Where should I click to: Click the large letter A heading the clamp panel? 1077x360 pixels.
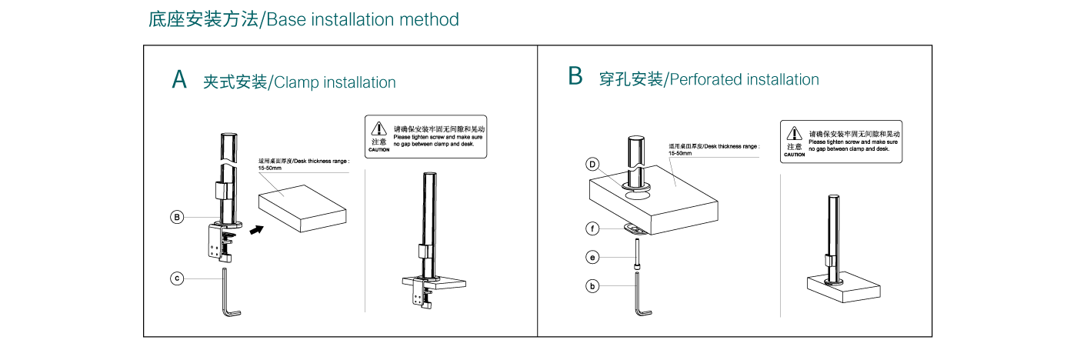[x=179, y=79]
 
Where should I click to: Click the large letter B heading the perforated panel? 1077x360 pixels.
[x=575, y=76]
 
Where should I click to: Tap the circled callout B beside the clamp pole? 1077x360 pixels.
[x=177, y=218]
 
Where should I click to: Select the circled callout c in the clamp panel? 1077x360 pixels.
[x=177, y=278]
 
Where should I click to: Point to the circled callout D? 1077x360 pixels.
[x=592, y=164]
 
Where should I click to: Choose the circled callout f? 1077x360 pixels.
[x=592, y=228]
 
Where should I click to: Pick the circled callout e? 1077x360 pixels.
[x=592, y=257]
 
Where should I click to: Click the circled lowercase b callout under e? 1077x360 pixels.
[x=592, y=286]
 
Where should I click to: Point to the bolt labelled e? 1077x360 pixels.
[x=639, y=254]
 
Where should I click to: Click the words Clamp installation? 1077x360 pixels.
[x=335, y=82]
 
